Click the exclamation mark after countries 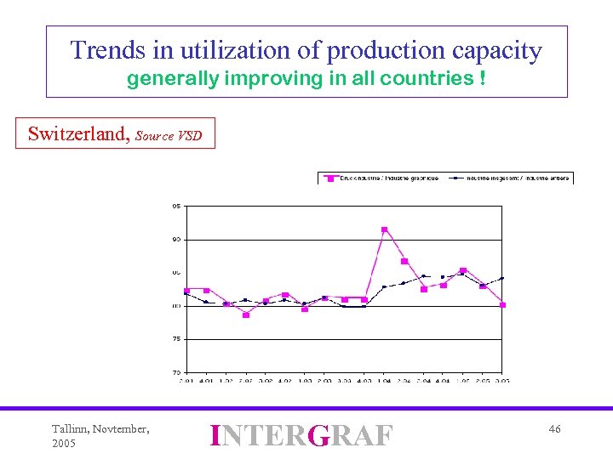(x=483, y=80)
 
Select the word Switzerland (x=77, y=133)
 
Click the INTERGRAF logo (x=301, y=435)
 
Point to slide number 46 (x=554, y=429)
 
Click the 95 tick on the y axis (x=175, y=206)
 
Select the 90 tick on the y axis (x=175, y=239)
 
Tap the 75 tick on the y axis (x=175, y=338)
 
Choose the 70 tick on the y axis (x=175, y=371)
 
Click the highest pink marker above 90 (x=384, y=229)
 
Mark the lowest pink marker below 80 (x=246, y=314)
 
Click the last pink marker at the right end (x=502, y=304)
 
